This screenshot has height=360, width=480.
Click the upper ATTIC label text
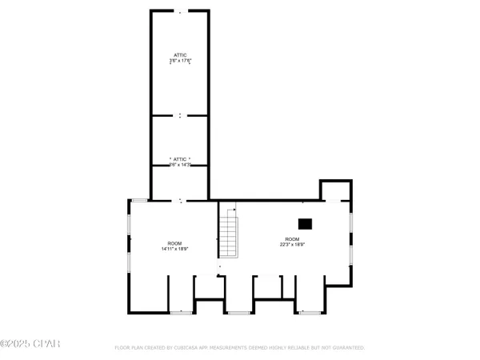[180, 55]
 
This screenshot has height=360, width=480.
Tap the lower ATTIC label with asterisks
[180, 160]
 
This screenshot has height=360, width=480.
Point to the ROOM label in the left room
[174, 243]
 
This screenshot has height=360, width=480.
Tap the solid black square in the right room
[305, 225]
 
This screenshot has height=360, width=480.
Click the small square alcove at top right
[335, 190]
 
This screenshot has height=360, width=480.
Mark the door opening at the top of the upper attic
[180, 12]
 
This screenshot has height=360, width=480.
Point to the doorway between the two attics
[180, 116]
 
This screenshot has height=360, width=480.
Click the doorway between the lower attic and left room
[180, 200]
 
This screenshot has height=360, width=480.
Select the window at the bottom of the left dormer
[182, 311]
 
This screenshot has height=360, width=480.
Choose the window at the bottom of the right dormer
[309, 311]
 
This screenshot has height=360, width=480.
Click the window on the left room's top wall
[138, 200]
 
